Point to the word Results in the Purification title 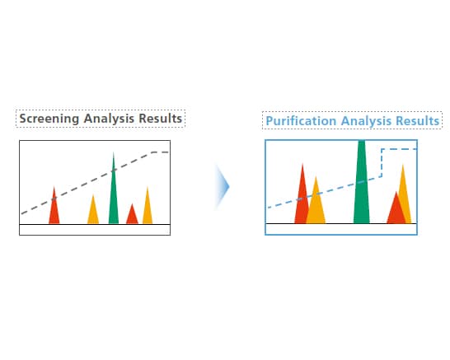tap(416, 121)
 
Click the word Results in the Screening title tap(161, 118)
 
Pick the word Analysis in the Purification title tap(363, 121)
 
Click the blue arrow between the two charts tap(222, 187)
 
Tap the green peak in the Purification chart tap(361, 185)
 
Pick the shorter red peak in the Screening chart tap(132, 216)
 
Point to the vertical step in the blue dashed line tap(382, 163)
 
